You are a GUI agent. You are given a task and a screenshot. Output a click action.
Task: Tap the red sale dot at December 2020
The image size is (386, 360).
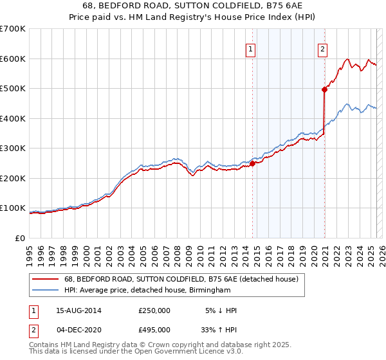click(x=325, y=90)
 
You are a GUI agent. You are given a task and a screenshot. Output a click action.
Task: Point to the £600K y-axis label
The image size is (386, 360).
click(x=13, y=59)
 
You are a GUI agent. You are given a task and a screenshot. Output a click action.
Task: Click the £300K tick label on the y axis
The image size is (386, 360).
click(x=13, y=148)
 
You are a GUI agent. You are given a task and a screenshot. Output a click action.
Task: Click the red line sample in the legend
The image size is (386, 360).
click(x=45, y=280)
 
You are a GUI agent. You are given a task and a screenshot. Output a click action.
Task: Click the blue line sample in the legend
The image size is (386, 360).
click(x=45, y=291)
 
